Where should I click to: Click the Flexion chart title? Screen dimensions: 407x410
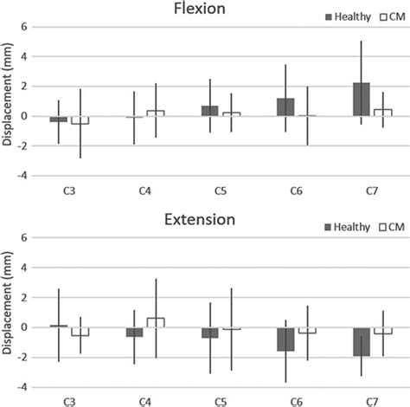click(206, 11)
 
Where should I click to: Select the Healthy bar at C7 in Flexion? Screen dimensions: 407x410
click(361, 99)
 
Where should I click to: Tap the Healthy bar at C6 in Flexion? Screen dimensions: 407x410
click(285, 107)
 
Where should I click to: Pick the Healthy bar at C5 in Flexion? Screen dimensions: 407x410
click(209, 111)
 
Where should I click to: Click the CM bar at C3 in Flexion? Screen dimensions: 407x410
click(80, 120)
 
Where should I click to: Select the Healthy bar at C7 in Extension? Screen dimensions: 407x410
click(361, 341)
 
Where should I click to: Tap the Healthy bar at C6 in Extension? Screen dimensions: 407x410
click(285, 339)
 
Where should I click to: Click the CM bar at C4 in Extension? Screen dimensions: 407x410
click(155, 322)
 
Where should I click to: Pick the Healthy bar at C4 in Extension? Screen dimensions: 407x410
click(134, 332)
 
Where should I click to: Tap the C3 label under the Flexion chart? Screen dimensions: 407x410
click(69, 191)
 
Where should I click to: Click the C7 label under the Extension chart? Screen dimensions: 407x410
click(371, 401)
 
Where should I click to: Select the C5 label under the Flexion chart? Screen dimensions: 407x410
click(220, 191)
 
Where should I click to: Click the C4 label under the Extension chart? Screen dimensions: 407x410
click(144, 401)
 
